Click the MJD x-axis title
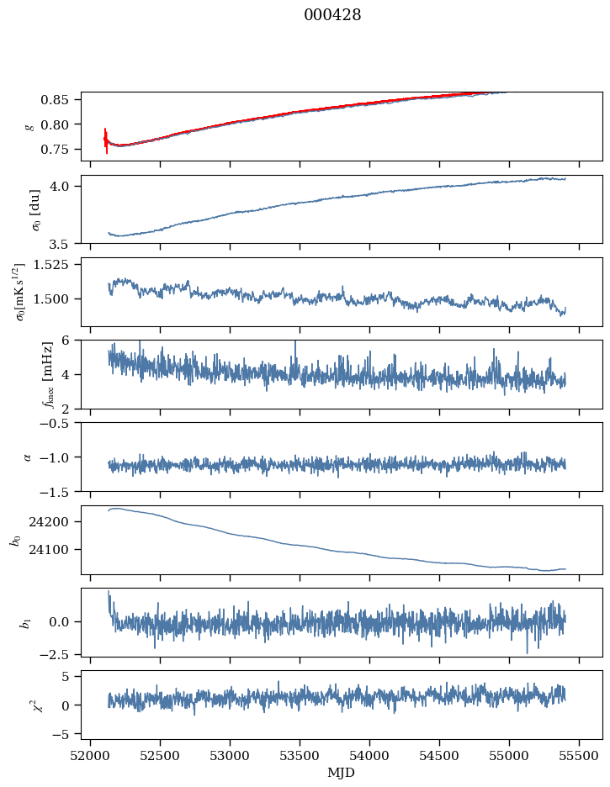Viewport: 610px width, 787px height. tap(342, 773)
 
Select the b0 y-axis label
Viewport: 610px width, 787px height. tap(15, 539)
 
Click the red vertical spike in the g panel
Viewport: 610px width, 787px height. tap(106, 140)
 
